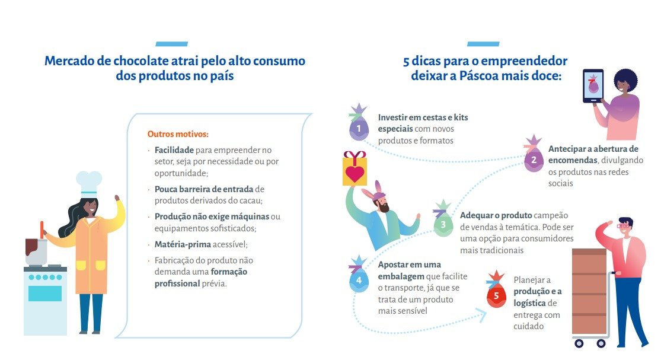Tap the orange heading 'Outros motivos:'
pos(178,134)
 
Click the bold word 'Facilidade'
pos(174,150)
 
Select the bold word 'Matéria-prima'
pos(183,244)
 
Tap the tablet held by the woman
pos(593,86)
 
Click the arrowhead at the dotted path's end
pos(481,315)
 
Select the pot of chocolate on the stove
pos(36,251)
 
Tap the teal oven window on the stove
pos(45,294)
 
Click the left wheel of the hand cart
pos(579,343)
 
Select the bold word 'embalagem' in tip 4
pos(401,276)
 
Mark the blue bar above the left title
pos(171,44)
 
